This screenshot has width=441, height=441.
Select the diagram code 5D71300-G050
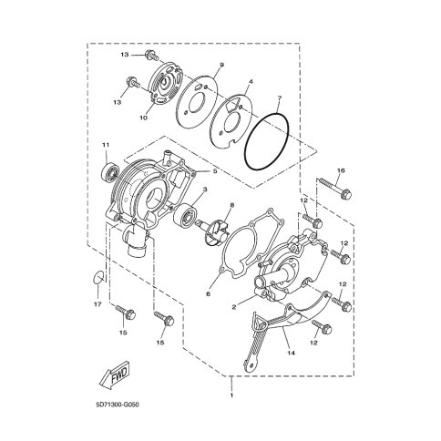click(x=117, y=405)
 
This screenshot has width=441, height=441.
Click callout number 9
click(x=221, y=65)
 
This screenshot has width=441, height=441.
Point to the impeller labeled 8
click(x=211, y=230)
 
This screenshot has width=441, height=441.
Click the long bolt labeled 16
click(x=334, y=189)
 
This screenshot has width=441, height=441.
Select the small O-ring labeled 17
click(x=97, y=276)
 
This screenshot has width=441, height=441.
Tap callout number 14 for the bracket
click(x=292, y=353)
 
